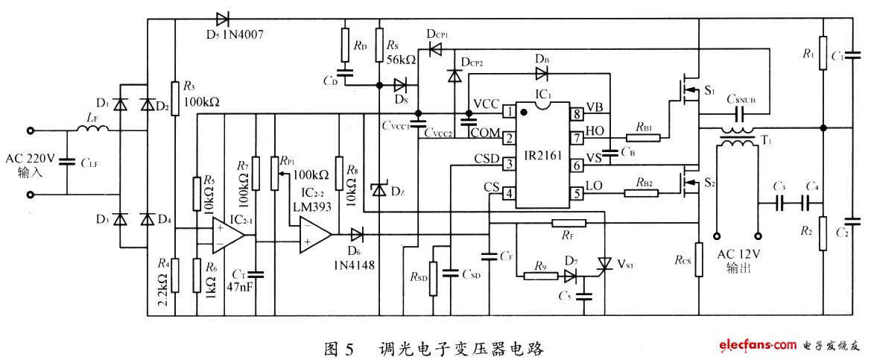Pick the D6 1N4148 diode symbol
click(356, 237)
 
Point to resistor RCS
click(699, 258)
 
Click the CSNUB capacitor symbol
click(741, 113)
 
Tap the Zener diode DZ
click(379, 190)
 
